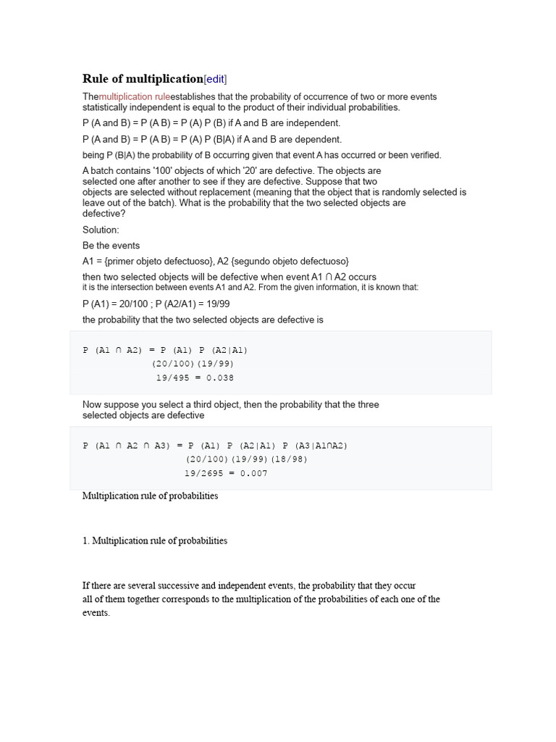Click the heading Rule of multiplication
[x=143, y=79]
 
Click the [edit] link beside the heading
[x=220, y=79]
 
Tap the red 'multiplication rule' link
[x=135, y=96]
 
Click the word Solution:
[x=101, y=230]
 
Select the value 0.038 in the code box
[x=220, y=378]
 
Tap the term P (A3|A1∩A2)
[x=315, y=446]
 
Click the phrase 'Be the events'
[x=111, y=246]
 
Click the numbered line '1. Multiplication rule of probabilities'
[x=154, y=541]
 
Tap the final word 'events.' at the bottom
[x=96, y=613]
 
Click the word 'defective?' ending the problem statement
[x=104, y=214]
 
